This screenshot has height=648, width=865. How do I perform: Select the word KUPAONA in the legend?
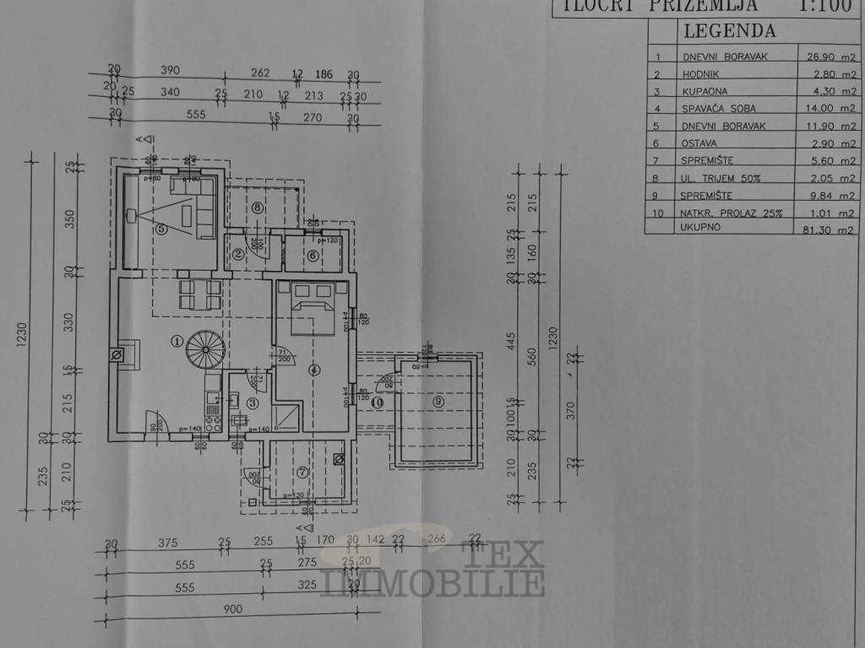pos(705,91)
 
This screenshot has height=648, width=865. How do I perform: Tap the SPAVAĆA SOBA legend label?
pos(719,109)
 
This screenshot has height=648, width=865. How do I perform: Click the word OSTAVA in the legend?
pos(700,143)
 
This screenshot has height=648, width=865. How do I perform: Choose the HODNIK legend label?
pos(700,74)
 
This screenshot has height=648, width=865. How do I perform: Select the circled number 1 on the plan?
pos(176,342)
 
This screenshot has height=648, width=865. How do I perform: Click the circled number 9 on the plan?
pos(438,402)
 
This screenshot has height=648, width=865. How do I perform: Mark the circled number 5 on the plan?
pos(161,228)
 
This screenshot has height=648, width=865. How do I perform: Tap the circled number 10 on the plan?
pos(377,402)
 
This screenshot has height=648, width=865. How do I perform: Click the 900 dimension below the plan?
pos(232,610)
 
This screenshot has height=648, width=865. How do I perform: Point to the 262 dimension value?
pos(260,73)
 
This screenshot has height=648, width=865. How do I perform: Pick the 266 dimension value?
pos(437,541)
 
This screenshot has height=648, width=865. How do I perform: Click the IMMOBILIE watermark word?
pos(432,582)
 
